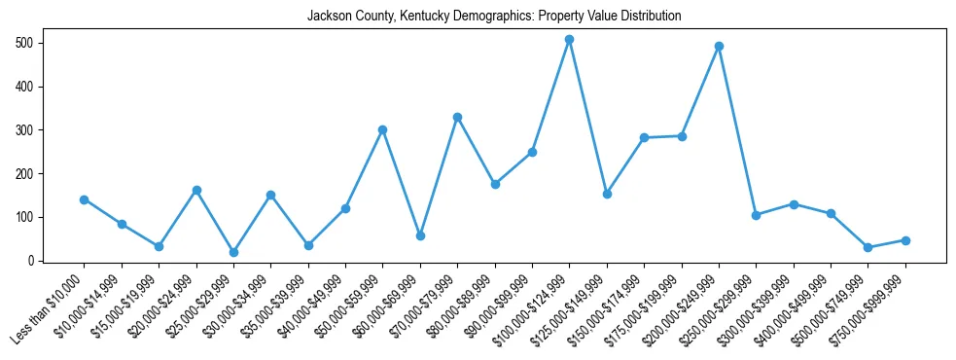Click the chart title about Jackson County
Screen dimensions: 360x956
point(494,17)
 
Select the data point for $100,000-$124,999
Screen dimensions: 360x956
point(570,40)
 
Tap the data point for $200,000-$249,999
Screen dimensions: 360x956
point(719,46)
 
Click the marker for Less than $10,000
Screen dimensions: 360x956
point(85,199)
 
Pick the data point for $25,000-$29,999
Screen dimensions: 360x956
point(233,252)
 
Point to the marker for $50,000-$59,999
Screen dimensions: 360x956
point(383,129)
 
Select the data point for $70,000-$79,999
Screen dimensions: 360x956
point(457,117)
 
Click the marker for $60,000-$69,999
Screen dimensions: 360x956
point(420,235)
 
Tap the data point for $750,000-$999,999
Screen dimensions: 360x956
point(905,240)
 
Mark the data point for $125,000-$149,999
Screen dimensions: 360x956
point(607,194)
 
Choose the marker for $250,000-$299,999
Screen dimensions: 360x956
point(756,215)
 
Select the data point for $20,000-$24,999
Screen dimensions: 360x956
point(196,191)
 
